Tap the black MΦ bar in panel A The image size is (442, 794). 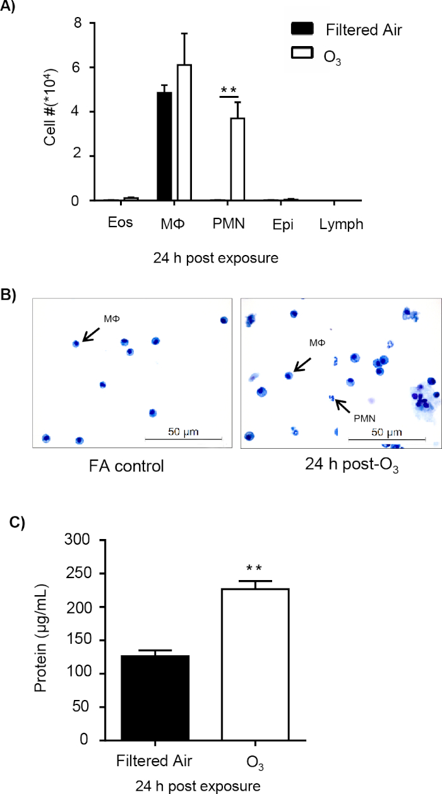165,146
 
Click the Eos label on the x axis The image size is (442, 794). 120,223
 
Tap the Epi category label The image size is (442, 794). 283,224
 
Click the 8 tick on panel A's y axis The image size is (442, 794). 78,23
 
